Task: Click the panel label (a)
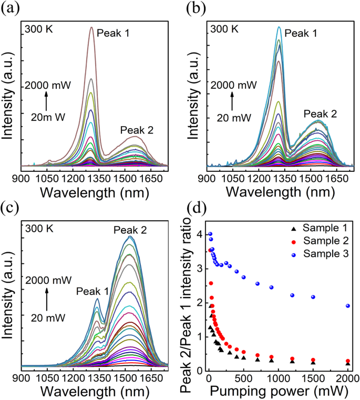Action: click(12, 9)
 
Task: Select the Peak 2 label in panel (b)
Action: click(320, 113)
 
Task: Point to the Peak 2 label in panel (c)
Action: click(130, 229)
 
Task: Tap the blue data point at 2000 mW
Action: click(348, 306)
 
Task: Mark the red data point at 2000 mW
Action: click(348, 361)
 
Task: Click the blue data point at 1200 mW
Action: click(292, 295)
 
